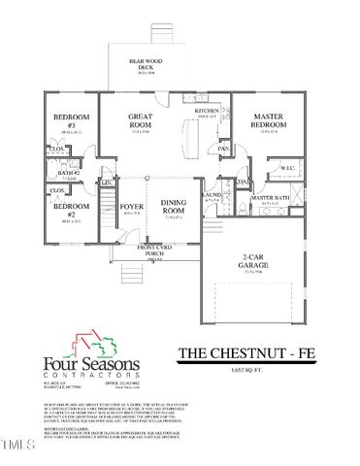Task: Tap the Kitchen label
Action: (208, 111)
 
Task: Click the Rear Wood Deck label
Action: (149, 64)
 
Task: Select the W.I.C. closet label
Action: (288, 168)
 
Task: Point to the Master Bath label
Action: (270, 198)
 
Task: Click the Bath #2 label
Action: (69, 172)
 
